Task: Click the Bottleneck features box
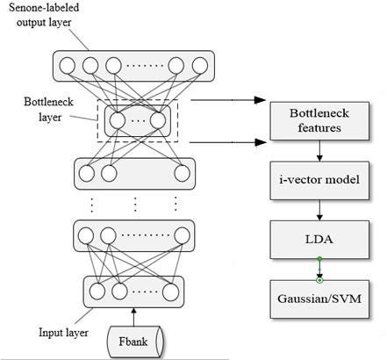pos(319,121)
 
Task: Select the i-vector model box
pos(319,181)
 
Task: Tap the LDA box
pos(319,240)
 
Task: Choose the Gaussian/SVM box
pos(319,299)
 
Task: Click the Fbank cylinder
pos(135,342)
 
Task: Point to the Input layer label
pos(63,333)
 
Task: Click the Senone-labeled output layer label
pos(44,15)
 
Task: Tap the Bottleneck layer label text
pos(49,110)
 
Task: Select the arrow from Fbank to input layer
pos(134,317)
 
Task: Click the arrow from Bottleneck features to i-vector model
pos(319,151)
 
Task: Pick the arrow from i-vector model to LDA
pos(319,210)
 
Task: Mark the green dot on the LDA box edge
pos(319,259)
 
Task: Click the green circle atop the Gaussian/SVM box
pos(319,280)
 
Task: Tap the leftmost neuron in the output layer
pos(68,66)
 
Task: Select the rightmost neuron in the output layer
pos(200,66)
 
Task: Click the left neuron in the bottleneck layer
pos(118,120)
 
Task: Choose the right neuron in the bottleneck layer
pos(158,120)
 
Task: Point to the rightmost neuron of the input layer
pos(171,292)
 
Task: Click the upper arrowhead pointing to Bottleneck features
pos(260,100)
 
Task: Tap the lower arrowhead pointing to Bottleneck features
pos(261,142)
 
